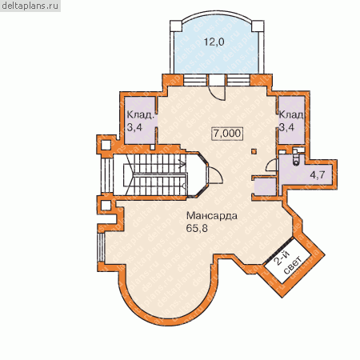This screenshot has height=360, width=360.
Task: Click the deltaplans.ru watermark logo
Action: pyautogui.click(x=30, y=6)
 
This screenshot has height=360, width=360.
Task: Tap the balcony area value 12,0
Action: pyautogui.click(x=214, y=42)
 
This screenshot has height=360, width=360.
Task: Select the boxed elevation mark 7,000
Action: pyautogui.click(x=227, y=133)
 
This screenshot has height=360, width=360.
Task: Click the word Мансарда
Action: pyautogui.click(x=212, y=215)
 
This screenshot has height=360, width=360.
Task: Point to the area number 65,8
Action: pyautogui.click(x=197, y=228)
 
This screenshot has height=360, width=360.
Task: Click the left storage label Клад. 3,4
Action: pyautogui.click(x=140, y=121)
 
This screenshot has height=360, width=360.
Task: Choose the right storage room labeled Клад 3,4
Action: pyautogui.click(x=291, y=120)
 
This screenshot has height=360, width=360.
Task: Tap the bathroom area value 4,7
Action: pyautogui.click(x=318, y=174)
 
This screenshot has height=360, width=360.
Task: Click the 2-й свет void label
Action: pyautogui.click(x=288, y=262)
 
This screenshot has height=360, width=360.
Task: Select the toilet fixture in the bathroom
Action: pyautogui.click(x=295, y=158)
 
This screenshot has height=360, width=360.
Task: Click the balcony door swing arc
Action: pyautogui.click(x=217, y=93)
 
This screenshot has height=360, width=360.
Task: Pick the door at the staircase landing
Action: pyautogui.click(x=215, y=174)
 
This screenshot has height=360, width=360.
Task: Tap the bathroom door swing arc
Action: pyautogui.click(x=272, y=165)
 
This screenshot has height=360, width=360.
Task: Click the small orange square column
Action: pyautogui.click(x=254, y=152)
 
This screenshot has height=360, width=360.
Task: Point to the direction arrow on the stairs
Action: pyautogui.click(x=182, y=165)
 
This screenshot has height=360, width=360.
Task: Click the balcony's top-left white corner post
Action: pyautogui.click(x=176, y=26)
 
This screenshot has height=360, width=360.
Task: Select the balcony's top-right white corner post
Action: pyautogui.click(x=258, y=26)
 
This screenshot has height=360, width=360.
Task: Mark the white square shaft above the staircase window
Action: pyautogui.click(x=106, y=145)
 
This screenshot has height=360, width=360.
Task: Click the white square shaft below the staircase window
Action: pyautogui.click(x=106, y=206)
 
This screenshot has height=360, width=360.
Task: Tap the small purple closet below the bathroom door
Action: pyautogui.click(x=266, y=186)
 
